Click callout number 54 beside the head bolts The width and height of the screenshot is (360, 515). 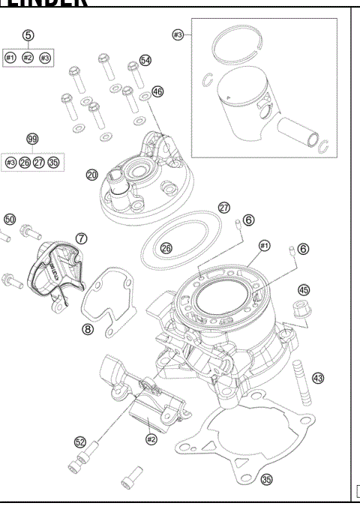[145, 60]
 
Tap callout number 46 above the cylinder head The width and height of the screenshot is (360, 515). [157, 91]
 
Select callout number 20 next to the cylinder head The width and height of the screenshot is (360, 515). [92, 175]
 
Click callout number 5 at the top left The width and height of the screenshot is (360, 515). [28, 35]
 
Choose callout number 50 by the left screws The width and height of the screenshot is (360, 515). [10, 219]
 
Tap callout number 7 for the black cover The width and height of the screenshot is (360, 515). [80, 238]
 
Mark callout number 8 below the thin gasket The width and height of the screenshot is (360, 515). [88, 328]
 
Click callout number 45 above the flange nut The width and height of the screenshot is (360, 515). [304, 289]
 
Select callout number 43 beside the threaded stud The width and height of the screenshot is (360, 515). [317, 379]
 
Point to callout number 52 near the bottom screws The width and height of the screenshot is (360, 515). [80, 442]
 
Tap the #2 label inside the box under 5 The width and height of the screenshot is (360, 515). [28, 58]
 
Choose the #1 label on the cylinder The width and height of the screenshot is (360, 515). [263, 246]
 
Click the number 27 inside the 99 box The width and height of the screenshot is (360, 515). [39, 162]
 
